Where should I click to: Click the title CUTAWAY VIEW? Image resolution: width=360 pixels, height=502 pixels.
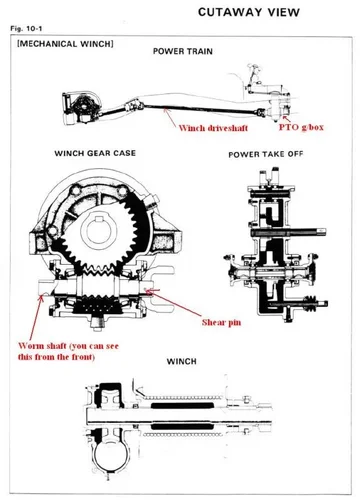[x=249, y=12]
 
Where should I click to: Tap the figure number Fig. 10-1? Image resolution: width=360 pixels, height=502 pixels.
[x=26, y=29]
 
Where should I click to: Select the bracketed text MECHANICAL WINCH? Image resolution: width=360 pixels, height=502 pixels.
[x=65, y=44]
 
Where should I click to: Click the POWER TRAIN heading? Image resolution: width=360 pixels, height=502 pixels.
[x=183, y=51]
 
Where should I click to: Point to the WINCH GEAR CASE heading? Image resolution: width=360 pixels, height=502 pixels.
[x=95, y=153]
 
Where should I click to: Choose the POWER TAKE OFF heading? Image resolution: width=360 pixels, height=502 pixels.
[x=266, y=154]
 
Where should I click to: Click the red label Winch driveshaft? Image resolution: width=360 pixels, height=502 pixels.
[x=213, y=128]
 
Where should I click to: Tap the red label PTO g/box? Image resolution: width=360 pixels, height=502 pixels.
[x=301, y=127]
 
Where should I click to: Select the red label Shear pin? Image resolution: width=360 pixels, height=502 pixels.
[x=221, y=322]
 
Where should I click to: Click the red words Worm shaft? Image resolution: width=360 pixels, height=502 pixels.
[x=42, y=346]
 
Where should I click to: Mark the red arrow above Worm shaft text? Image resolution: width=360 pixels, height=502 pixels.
[x=36, y=317]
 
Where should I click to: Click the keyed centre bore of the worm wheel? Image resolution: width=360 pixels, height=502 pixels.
[x=98, y=231]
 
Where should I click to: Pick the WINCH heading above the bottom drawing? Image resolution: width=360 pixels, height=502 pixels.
[x=181, y=361]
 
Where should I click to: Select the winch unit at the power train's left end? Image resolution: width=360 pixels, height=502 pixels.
[x=80, y=107]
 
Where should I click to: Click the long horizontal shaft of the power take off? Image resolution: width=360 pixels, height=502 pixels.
[x=289, y=232]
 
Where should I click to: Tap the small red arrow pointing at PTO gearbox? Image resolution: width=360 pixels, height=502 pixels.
[x=286, y=118]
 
